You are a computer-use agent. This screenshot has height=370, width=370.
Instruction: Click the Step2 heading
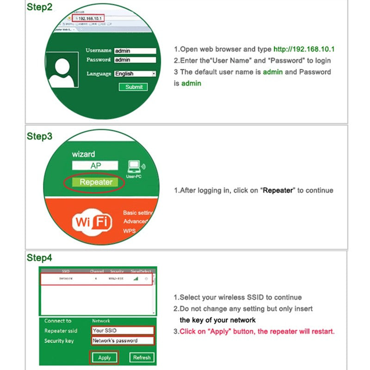(40, 8)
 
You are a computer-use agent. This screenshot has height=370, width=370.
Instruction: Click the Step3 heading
(40, 136)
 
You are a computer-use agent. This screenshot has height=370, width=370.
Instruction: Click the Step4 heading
(40, 258)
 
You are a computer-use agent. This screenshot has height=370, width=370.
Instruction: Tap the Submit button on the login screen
(134, 87)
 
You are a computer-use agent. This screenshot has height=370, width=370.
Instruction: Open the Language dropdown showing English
(135, 74)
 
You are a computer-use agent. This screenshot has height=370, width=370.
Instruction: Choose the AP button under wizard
(95, 166)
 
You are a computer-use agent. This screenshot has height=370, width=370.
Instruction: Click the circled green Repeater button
(95, 182)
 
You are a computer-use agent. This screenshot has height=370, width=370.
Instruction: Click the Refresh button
(142, 358)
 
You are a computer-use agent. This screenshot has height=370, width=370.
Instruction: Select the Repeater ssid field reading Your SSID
(123, 331)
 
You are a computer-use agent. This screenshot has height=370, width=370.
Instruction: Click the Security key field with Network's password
(123, 341)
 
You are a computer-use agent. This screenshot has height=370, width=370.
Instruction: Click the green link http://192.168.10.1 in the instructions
(304, 49)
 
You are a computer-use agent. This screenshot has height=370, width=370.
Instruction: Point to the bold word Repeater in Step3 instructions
(278, 190)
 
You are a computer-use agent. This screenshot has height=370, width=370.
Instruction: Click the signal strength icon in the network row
(136, 279)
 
